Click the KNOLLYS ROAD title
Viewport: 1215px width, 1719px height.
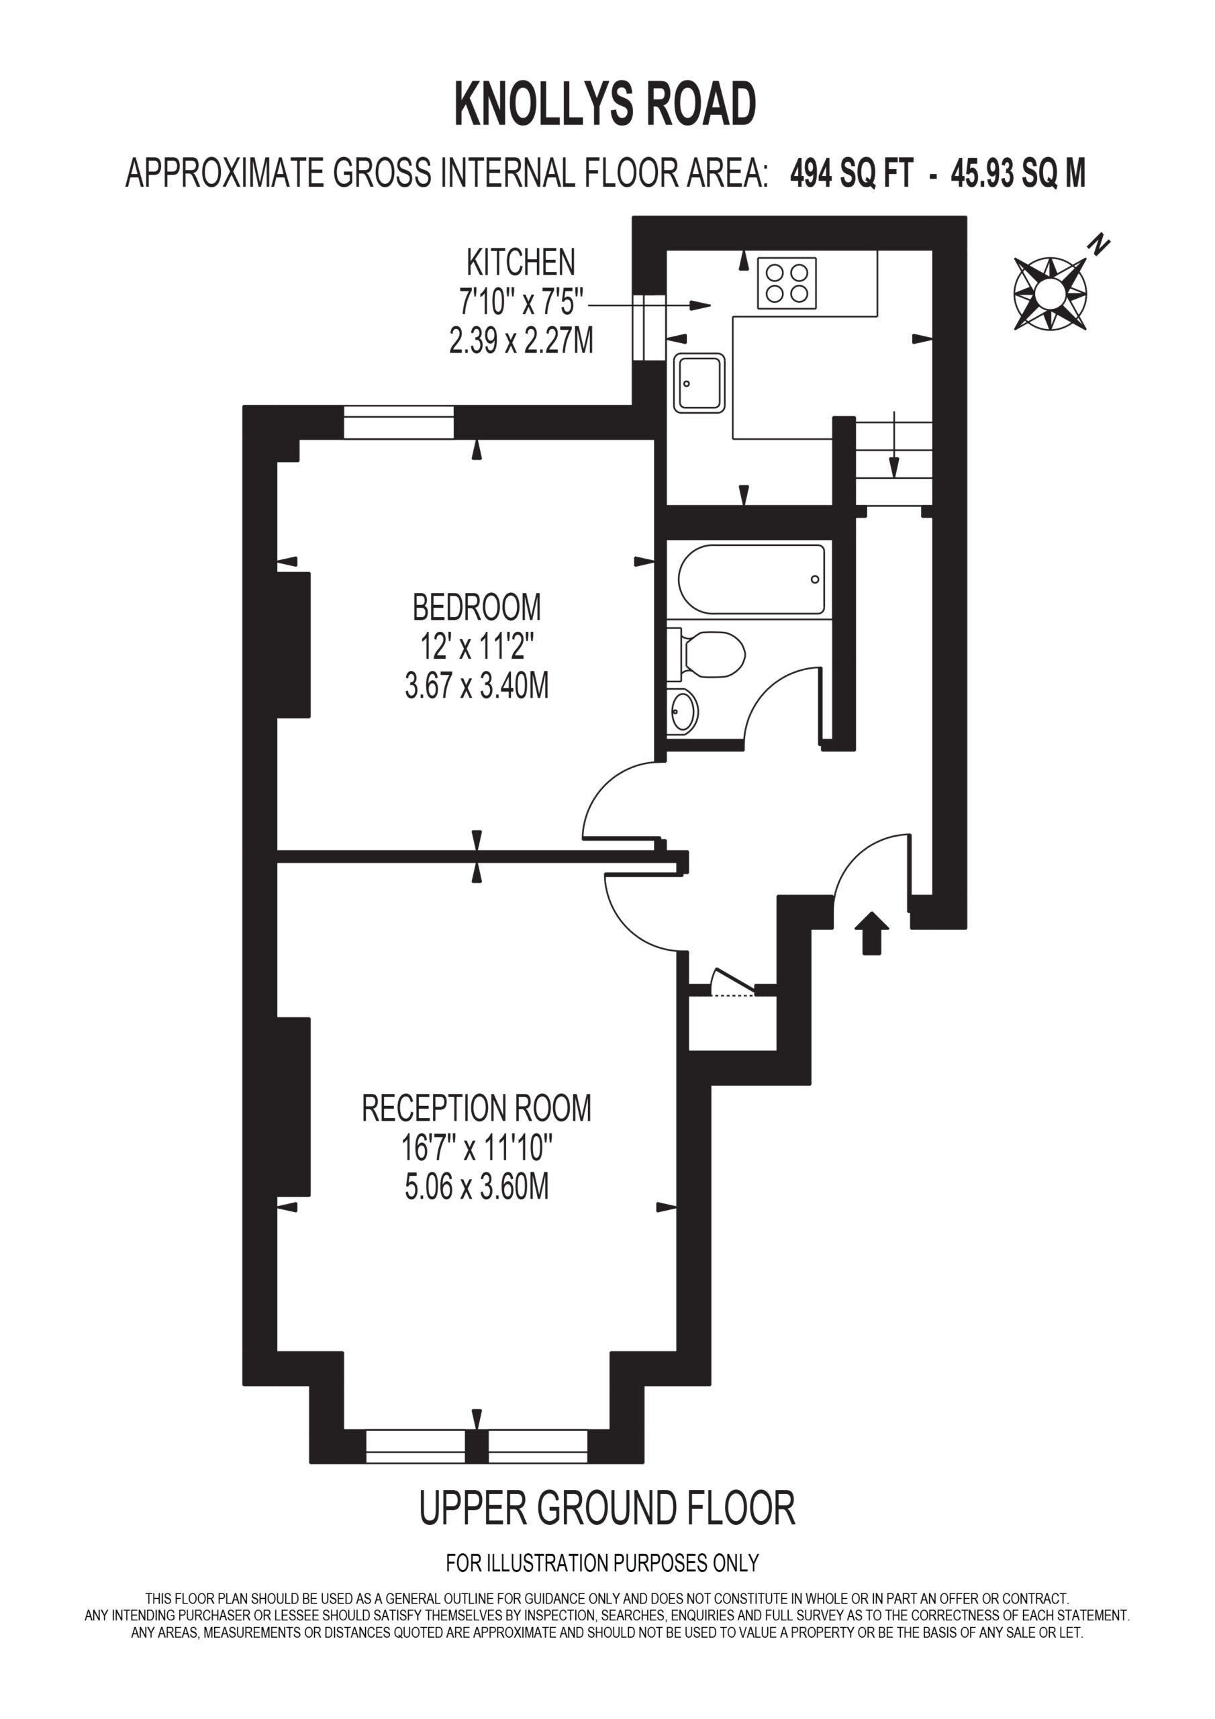point(605,105)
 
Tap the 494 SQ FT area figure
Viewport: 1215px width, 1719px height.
point(852,174)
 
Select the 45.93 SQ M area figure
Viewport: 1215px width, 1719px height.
point(1018,174)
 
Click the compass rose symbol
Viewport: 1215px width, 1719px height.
point(1051,293)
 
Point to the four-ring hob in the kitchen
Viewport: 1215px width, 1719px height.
point(787,283)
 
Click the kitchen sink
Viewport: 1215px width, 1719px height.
point(699,383)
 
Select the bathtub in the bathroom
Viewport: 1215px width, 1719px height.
point(752,579)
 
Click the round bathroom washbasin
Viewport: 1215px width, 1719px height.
point(683,710)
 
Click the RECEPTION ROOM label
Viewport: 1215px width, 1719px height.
point(477,1108)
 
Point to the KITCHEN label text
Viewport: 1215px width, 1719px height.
point(521,262)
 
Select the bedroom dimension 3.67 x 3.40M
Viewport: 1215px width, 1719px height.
point(477,685)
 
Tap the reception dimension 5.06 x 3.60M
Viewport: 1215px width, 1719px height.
point(477,1187)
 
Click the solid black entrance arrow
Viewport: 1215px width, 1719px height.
point(872,933)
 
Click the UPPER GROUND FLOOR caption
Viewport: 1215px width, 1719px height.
point(607,1509)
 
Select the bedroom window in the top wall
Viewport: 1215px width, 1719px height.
point(399,422)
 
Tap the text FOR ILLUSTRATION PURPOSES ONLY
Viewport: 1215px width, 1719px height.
point(603,1563)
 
